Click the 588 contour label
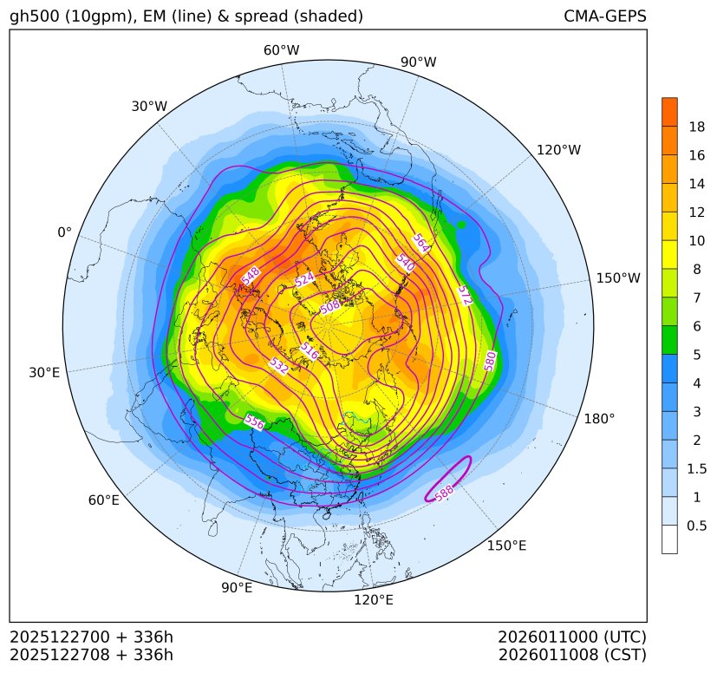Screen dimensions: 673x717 pos(444,492)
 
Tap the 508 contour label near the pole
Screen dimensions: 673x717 pos(330,306)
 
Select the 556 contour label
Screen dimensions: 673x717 pos(254,421)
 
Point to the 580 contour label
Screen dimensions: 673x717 pos(491,361)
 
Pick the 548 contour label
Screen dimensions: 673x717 pos(251,276)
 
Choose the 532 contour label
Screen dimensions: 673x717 pos(278,366)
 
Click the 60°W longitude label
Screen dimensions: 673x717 pos(281,50)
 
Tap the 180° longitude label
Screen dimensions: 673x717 pos(599,419)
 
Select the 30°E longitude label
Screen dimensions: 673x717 pos(44,373)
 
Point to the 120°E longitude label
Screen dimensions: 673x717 pos(374,599)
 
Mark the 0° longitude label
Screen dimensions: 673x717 pos(64,232)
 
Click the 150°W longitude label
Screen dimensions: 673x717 pos(618,278)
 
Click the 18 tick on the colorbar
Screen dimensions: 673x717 pos(696,127)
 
